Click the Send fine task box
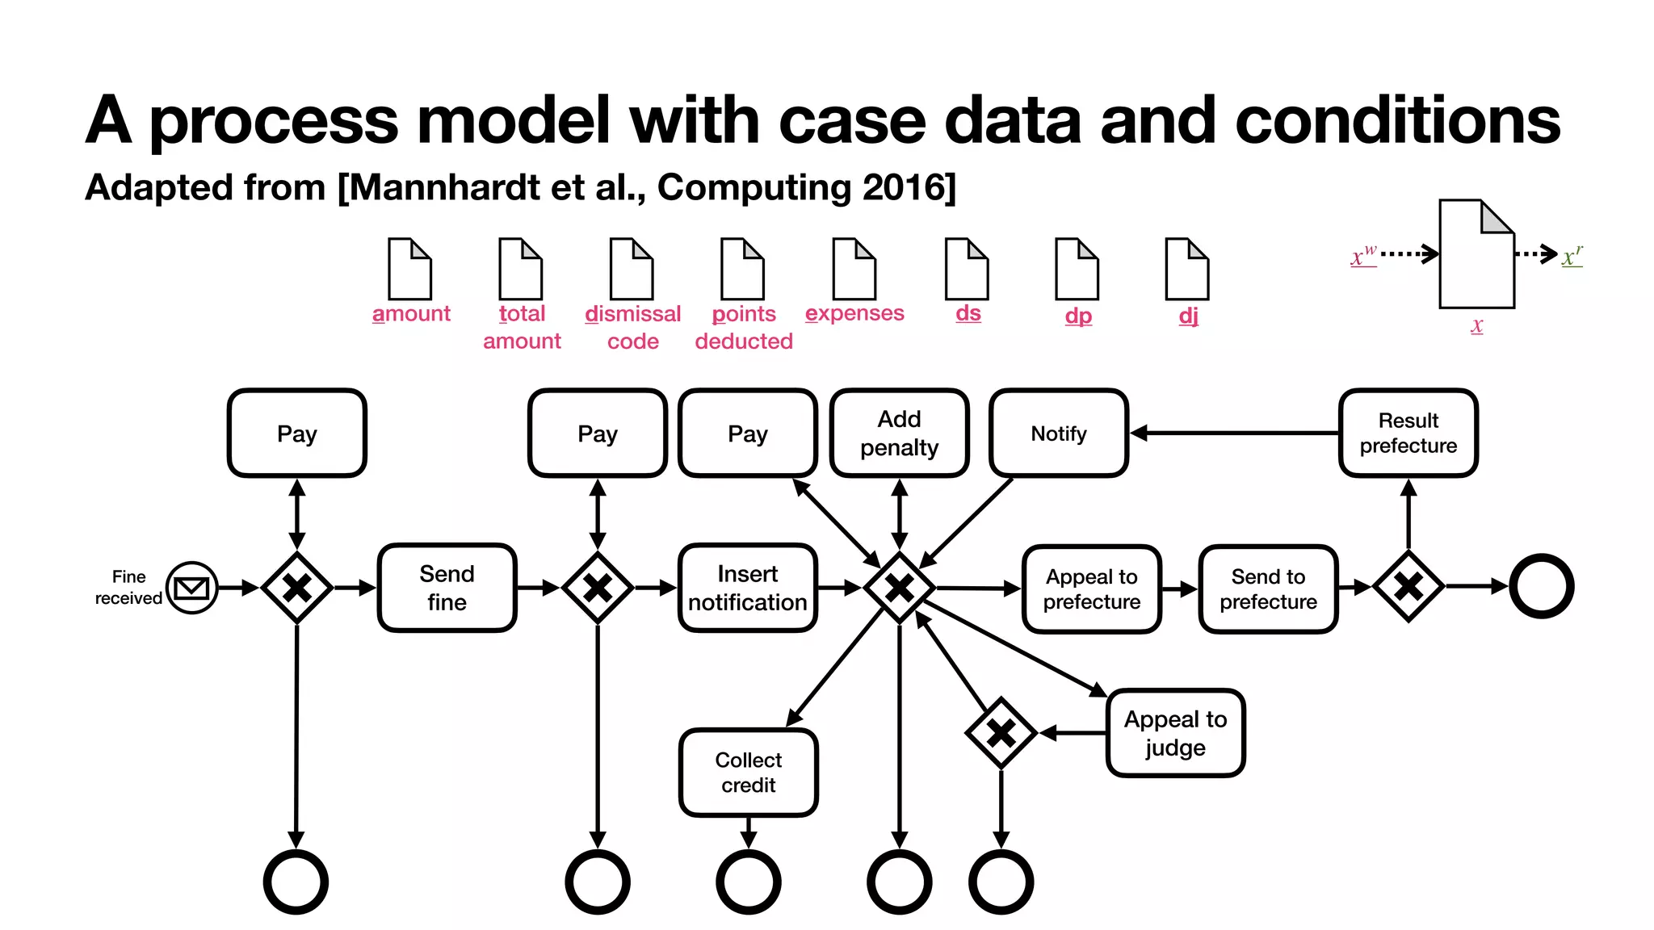(447, 588)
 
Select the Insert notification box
(747, 588)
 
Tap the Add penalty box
(899, 434)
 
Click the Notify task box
(1058, 434)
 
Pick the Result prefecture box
(1408, 434)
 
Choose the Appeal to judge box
(1175, 733)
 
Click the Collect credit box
(748, 773)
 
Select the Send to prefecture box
(1268, 589)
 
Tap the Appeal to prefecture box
(1091, 589)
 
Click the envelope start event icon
(191, 588)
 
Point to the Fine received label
(128, 588)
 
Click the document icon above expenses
(854, 269)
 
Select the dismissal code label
(632, 327)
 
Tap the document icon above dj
(1186, 269)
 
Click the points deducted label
(743, 327)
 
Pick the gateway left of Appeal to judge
(1001, 733)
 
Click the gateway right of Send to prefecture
(1408, 587)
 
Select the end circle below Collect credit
(748, 882)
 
